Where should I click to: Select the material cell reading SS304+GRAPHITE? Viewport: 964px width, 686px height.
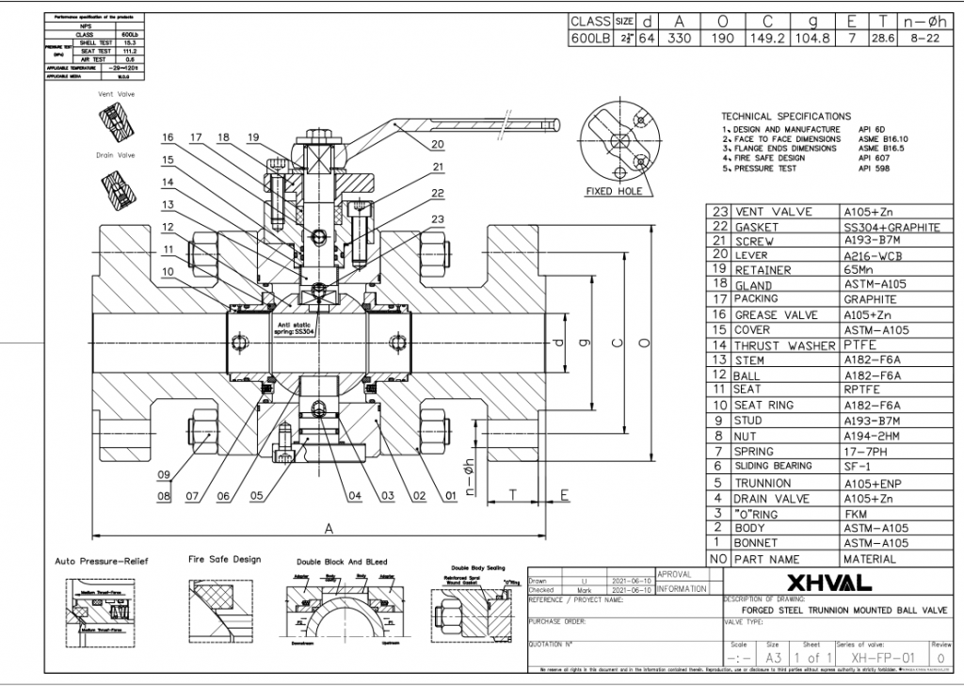click(892, 228)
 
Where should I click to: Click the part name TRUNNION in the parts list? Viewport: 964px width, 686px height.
click(763, 483)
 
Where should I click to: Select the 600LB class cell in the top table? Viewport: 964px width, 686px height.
click(590, 39)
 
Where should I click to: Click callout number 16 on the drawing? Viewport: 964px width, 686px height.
click(167, 137)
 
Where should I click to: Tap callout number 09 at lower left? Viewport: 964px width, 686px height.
click(164, 474)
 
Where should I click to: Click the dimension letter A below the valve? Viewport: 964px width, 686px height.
click(327, 528)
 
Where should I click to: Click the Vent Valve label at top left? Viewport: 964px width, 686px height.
click(117, 95)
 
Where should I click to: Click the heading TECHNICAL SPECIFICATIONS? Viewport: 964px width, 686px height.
click(785, 117)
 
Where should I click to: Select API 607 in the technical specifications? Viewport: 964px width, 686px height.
click(871, 158)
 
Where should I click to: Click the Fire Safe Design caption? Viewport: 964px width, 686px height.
click(224, 559)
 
